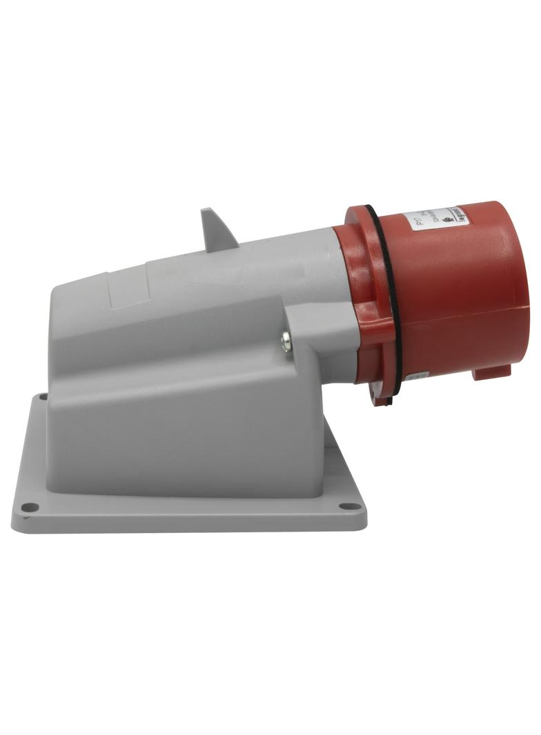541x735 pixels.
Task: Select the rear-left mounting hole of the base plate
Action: coord(43,397)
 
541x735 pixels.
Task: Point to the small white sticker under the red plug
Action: coord(414,378)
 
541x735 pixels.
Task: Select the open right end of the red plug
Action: coord(521,290)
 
